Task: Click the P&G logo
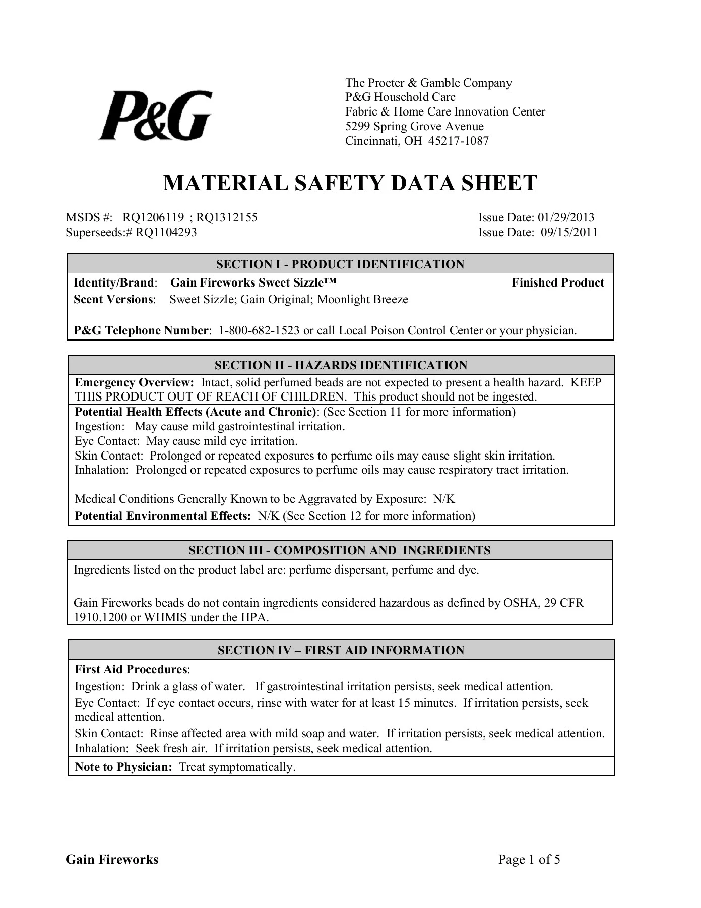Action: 155,116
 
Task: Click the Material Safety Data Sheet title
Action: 350,183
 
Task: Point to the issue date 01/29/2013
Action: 566,217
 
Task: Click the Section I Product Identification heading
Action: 340,264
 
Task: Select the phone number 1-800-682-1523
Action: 259,331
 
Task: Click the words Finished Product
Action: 558,282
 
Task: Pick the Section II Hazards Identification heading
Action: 341,365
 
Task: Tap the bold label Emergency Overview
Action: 134,382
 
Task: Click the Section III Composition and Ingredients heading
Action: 340,550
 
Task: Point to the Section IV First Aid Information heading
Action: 341,650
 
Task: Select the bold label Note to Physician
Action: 123,767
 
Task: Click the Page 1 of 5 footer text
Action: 529,860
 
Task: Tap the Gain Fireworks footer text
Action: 112,860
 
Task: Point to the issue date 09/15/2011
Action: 569,232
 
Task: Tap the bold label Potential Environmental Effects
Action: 162,516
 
